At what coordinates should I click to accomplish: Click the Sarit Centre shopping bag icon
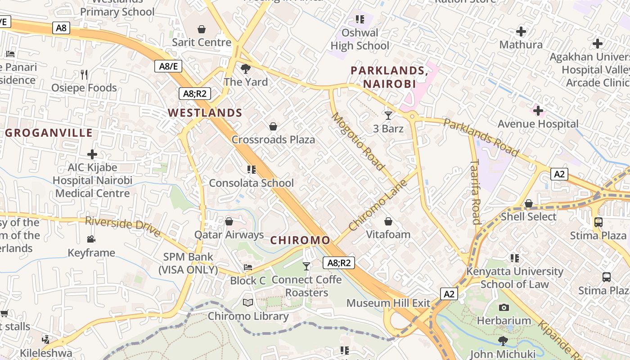pyautogui.click(x=202, y=29)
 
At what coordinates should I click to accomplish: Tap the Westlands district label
pyautogui.click(x=205, y=112)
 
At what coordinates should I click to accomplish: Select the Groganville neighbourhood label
pyautogui.click(x=49, y=133)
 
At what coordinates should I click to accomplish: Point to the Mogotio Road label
pyautogui.click(x=359, y=141)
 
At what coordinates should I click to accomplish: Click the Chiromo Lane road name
pyautogui.click(x=378, y=205)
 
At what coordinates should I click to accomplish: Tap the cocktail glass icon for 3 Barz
pyautogui.click(x=388, y=115)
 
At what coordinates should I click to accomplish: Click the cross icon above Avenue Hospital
pyautogui.click(x=538, y=110)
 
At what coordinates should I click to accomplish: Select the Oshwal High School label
pyautogui.click(x=360, y=39)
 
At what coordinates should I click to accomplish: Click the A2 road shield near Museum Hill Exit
pyautogui.click(x=449, y=294)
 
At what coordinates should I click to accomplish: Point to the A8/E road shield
pyautogui.click(x=169, y=66)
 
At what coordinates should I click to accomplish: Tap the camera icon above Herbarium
pyautogui.click(x=504, y=307)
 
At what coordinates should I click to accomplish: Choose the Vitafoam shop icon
pyautogui.click(x=388, y=221)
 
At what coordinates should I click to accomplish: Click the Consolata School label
pyautogui.click(x=251, y=183)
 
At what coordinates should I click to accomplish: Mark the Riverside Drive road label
pyautogui.click(x=123, y=226)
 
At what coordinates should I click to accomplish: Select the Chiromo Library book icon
pyautogui.click(x=248, y=302)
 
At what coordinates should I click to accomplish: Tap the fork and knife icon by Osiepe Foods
pyautogui.click(x=84, y=74)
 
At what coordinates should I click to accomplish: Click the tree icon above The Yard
pyautogui.click(x=246, y=69)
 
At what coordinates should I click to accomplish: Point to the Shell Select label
pyautogui.click(x=529, y=216)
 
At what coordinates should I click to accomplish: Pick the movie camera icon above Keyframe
pyautogui.click(x=91, y=239)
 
